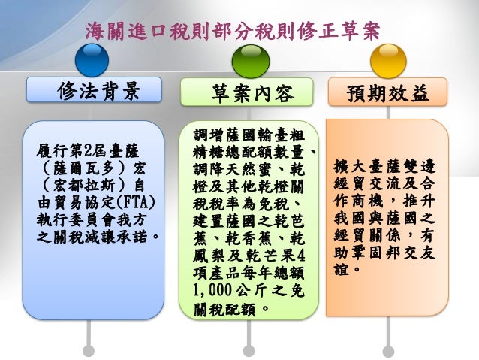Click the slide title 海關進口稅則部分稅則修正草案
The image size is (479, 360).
click(x=232, y=31)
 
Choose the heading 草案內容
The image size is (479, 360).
click(x=249, y=93)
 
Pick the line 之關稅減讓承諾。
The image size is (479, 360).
click(x=98, y=239)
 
